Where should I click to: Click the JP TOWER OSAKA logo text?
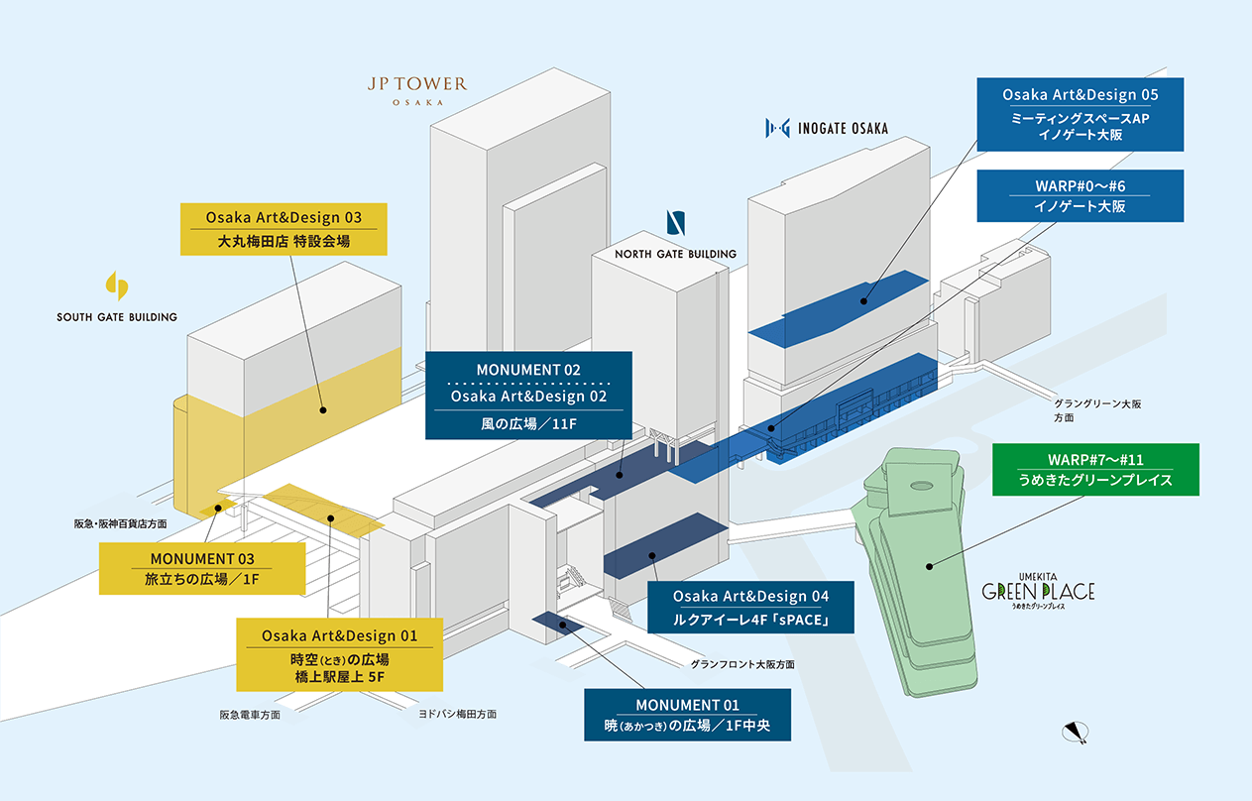[x=416, y=89]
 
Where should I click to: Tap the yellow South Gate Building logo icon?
[x=117, y=286]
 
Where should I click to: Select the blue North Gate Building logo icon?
[x=675, y=223]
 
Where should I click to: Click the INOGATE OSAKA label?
[x=827, y=128]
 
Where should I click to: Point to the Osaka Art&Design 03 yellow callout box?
[x=284, y=229]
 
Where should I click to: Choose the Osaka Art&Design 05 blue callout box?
[x=1080, y=115]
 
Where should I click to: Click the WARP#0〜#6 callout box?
[x=1080, y=195]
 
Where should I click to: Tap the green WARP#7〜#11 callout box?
[x=1095, y=470]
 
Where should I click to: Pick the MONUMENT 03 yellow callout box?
[x=201, y=568]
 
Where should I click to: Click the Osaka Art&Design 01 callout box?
[x=339, y=654]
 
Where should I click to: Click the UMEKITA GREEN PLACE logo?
[x=1038, y=594]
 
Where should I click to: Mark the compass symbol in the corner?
[x=1076, y=733]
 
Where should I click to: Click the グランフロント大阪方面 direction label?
[x=742, y=664]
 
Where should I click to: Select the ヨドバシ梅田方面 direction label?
[x=457, y=714]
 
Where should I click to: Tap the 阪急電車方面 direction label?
[x=250, y=714]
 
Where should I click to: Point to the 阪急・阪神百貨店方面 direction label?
[x=120, y=523]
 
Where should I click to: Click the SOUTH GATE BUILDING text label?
[x=117, y=317]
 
